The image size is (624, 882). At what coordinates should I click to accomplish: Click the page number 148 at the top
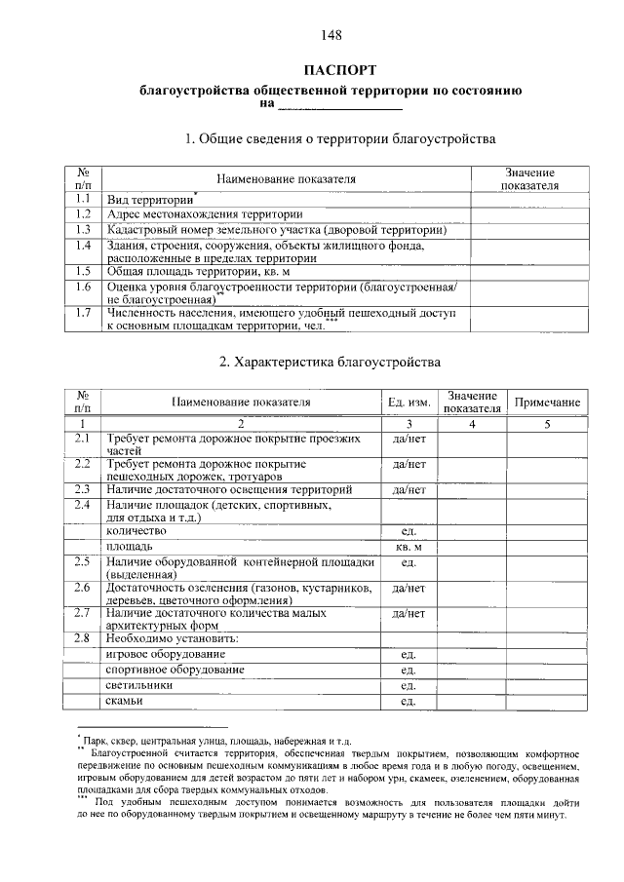(x=331, y=36)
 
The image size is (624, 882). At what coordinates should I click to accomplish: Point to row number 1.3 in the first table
(x=83, y=229)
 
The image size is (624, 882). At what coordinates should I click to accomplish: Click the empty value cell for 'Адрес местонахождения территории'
(x=528, y=213)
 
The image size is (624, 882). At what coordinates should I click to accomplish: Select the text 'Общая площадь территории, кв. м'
(x=200, y=272)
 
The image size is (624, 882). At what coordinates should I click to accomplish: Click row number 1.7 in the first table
(x=83, y=314)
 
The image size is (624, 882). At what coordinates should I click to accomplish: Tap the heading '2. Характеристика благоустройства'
(x=331, y=362)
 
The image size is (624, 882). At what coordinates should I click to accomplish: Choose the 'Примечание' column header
(x=547, y=402)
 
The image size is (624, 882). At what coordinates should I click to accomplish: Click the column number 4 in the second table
(x=471, y=424)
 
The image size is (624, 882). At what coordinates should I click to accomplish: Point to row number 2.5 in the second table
(x=83, y=561)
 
